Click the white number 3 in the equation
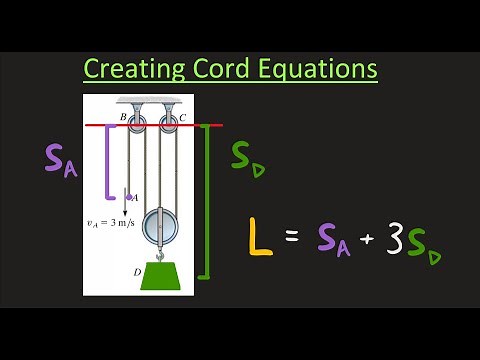click(396, 238)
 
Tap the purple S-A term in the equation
click(333, 239)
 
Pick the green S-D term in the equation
click(426, 243)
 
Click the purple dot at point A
click(128, 197)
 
